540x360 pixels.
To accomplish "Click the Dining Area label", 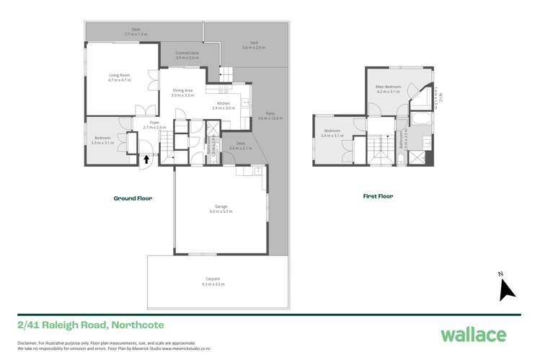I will point(183,92).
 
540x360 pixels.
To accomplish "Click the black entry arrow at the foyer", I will point(147,159).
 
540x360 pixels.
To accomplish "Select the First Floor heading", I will point(377,196).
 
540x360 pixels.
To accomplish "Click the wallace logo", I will point(473,335).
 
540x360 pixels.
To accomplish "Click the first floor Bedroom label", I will point(332,133).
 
